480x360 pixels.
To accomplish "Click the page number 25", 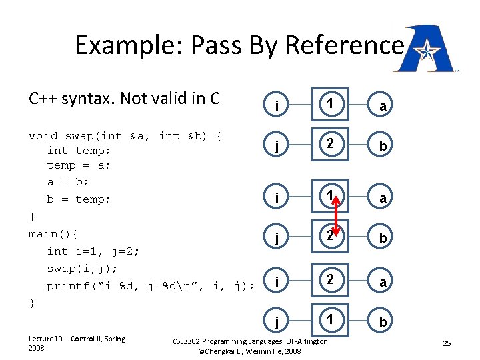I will [x=447, y=343].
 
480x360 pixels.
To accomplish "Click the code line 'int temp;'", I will [x=79, y=151].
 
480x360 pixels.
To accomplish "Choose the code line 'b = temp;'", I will [x=79, y=199].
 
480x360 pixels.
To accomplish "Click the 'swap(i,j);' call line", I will [x=81, y=269].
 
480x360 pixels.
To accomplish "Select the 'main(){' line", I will [x=53, y=234].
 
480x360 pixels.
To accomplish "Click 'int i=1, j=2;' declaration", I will [x=93, y=251].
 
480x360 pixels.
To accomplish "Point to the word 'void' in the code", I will [x=43, y=136].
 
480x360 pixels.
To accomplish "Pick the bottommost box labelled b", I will [x=382, y=322].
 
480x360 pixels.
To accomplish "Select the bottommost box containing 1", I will [x=329, y=320].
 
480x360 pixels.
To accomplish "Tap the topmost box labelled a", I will [x=382, y=105].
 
